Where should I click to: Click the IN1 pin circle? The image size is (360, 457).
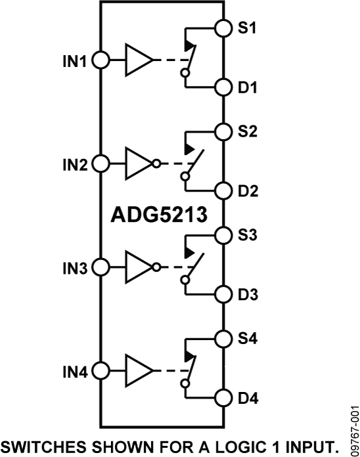tap(101, 60)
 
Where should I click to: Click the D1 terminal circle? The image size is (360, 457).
tap(224, 87)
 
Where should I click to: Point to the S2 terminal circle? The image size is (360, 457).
tap(224, 131)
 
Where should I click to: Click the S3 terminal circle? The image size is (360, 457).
tap(224, 235)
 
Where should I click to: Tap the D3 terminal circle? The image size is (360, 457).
tap(224, 294)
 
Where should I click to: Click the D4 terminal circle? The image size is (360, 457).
tap(224, 399)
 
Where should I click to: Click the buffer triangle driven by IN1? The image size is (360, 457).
tap(137, 60)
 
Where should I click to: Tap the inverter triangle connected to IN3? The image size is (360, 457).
tap(137, 268)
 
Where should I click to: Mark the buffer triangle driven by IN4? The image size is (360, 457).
tap(137, 371)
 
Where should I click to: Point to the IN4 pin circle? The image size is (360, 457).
tap(101, 371)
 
